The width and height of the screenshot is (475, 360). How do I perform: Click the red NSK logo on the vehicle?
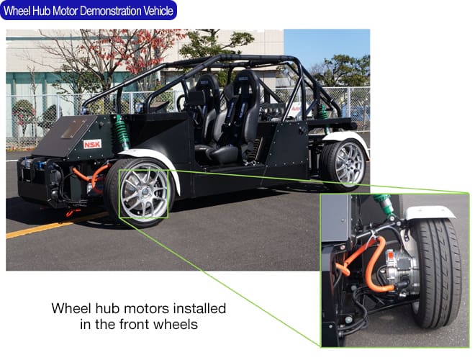point(92,144)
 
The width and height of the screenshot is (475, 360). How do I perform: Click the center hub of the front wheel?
point(145,192)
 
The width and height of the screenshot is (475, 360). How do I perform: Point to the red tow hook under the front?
point(72,212)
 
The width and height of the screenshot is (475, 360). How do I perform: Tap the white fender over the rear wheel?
point(345,139)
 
